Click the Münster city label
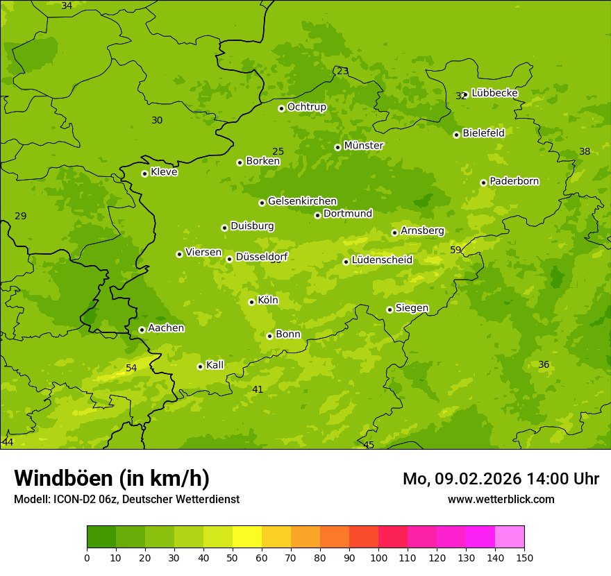(x=363, y=146)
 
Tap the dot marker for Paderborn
(x=483, y=183)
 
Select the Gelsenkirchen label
(x=302, y=201)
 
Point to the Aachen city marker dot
(x=142, y=330)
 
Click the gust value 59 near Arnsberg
(x=455, y=250)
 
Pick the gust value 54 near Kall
(x=131, y=368)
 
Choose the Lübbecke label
(x=494, y=93)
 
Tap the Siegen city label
(x=412, y=308)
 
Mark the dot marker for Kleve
(x=144, y=173)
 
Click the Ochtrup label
(x=306, y=107)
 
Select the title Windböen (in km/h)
(x=112, y=478)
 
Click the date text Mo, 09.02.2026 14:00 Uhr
(x=501, y=479)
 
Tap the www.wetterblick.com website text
(x=501, y=499)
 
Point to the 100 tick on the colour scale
(x=378, y=557)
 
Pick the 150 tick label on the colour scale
(x=524, y=557)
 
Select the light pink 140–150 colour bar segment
(x=510, y=537)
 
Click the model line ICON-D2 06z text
(x=126, y=499)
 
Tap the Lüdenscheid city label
(x=382, y=260)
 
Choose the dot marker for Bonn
(x=269, y=336)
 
